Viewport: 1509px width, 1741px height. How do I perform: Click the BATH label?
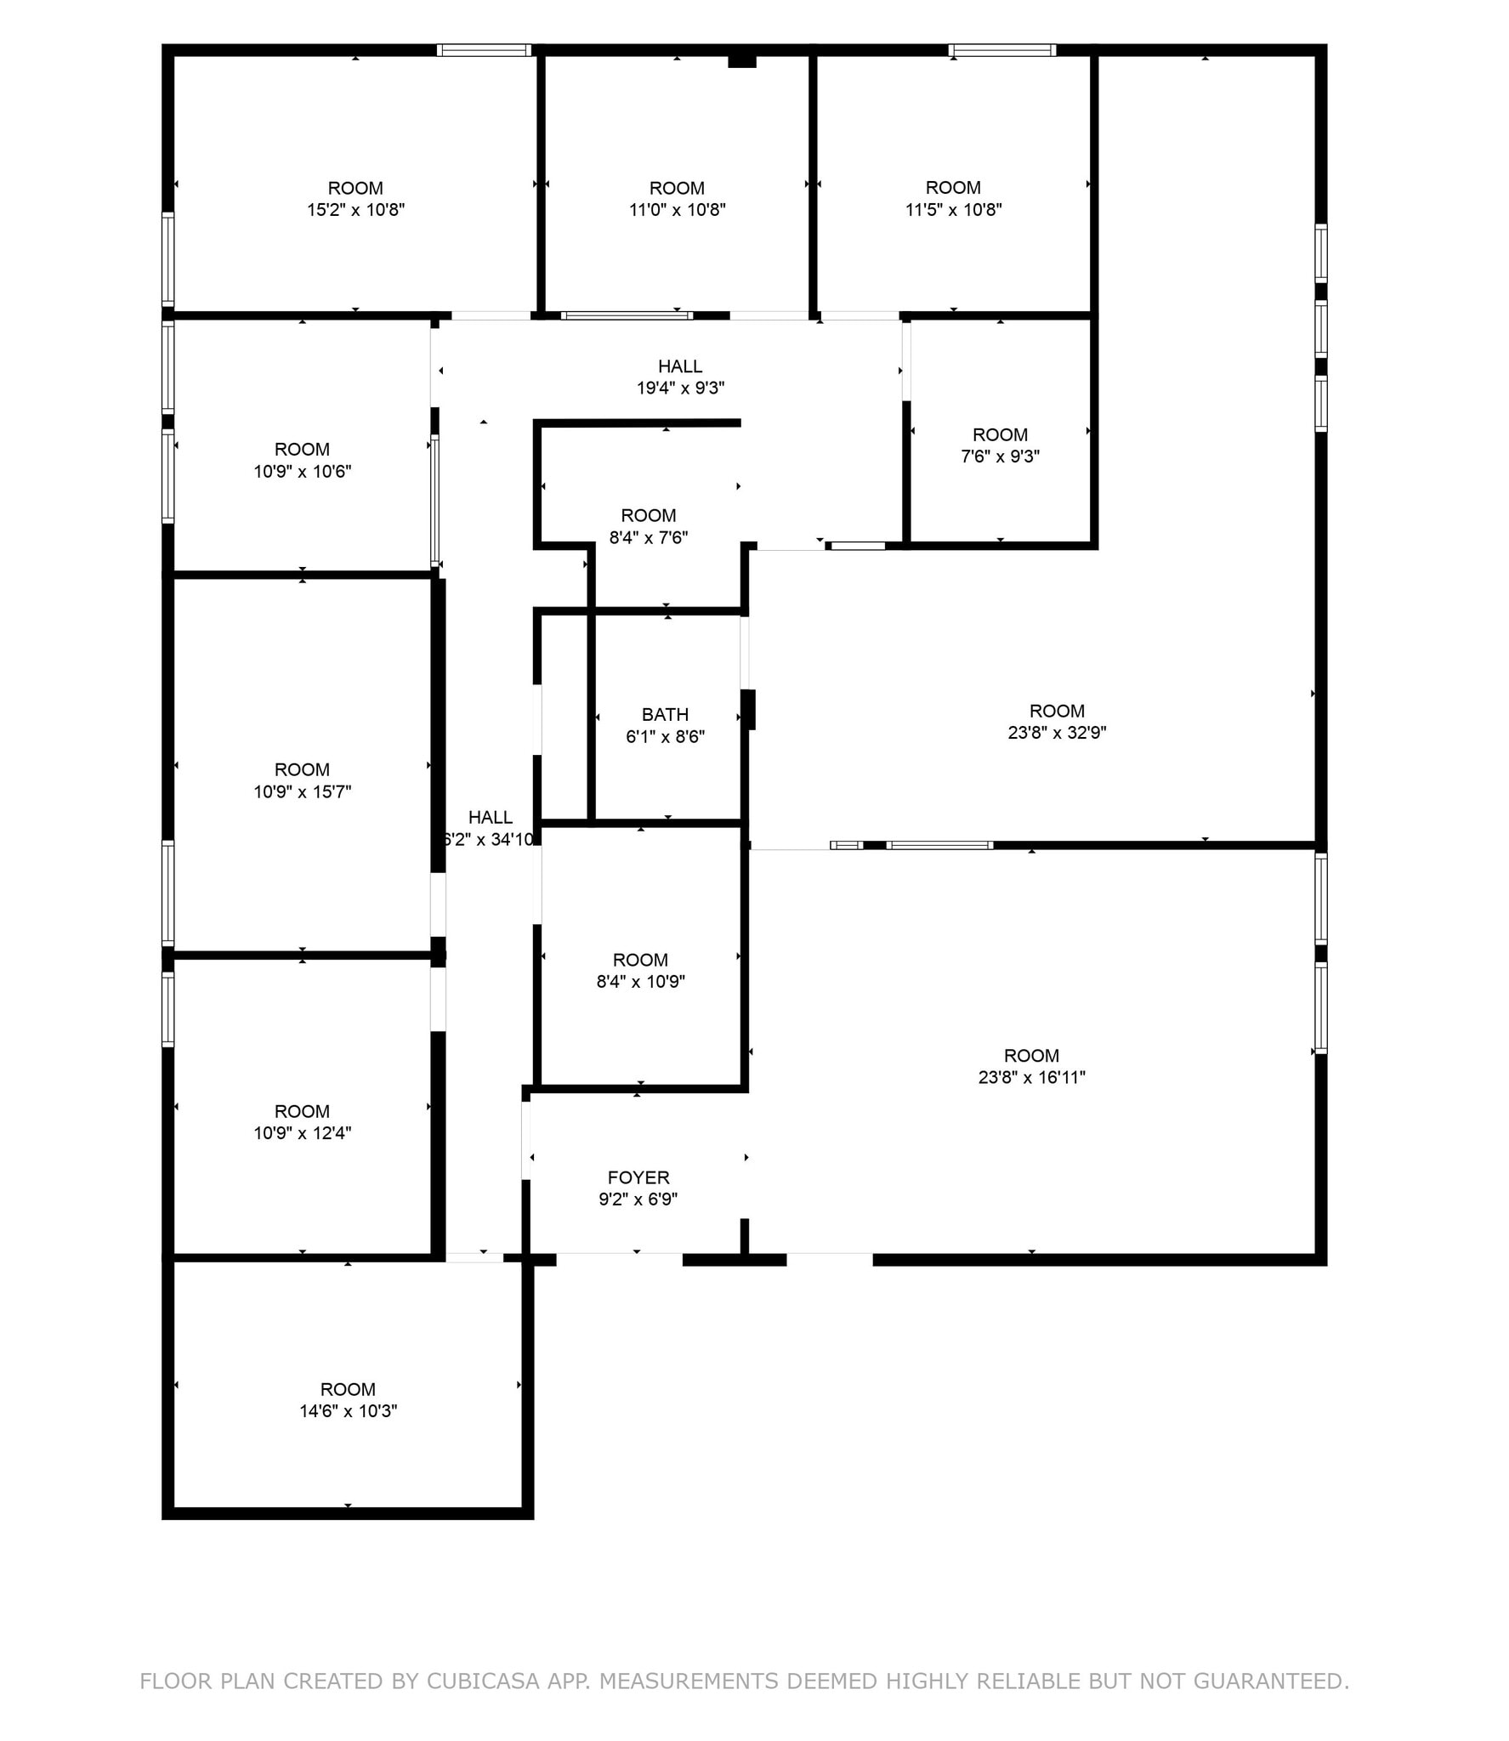[x=665, y=715]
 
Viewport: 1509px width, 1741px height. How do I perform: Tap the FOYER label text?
[x=638, y=1177]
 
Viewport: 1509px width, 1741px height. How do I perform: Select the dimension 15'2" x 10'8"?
[x=355, y=210]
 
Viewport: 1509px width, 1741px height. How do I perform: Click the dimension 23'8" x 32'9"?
[x=1057, y=733]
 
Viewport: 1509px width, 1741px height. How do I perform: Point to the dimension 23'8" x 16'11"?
[x=1031, y=1078]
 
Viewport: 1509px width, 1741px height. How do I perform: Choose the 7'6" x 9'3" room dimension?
[x=1000, y=457]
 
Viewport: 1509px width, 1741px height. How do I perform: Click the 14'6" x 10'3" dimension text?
[x=348, y=1411]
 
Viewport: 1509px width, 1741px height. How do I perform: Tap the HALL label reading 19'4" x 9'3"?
[x=680, y=366]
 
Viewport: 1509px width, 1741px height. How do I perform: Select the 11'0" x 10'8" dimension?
[x=677, y=210]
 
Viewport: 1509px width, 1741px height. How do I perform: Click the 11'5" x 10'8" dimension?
[x=953, y=210]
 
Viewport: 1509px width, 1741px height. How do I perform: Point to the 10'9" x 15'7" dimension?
[x=302, y=792]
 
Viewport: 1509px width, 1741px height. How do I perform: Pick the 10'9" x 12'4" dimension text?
[x=302, y=1133]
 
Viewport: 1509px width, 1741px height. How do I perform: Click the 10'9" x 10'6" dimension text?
[x=302, y=472]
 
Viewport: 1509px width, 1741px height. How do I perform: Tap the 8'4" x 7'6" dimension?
[x=649, y=538]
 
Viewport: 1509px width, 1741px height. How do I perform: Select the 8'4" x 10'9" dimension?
[x=640, y=982]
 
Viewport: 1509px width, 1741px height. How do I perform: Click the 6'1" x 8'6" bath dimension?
[x=665, y=737]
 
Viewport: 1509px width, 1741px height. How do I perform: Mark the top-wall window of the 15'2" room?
[x=484, y=50]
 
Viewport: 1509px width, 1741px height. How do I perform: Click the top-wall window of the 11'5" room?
[x=1002, y=50]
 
